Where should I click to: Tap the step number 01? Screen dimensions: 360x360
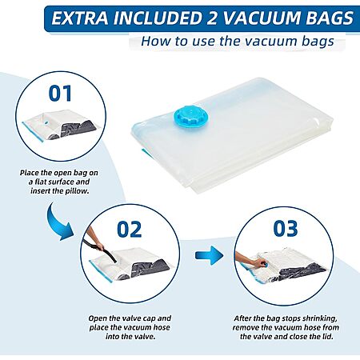[60, 94]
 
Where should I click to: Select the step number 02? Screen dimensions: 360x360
[130, 230]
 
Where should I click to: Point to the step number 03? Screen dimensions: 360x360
[286, 229]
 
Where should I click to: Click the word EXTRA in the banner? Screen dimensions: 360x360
[80, 18]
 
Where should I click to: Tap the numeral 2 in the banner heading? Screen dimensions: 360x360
[211, 18]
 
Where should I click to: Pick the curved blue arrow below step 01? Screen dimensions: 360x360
[58, 222]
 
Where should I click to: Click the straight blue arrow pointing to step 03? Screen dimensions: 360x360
[209, 255]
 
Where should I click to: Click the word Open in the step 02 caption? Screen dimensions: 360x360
[98, 318]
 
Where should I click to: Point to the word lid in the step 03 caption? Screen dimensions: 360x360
[328, 337]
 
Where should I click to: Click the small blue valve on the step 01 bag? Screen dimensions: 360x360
[47, 123]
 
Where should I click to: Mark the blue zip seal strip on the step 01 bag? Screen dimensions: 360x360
[32, 132]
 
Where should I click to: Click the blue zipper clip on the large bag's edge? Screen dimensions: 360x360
[146, 155]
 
